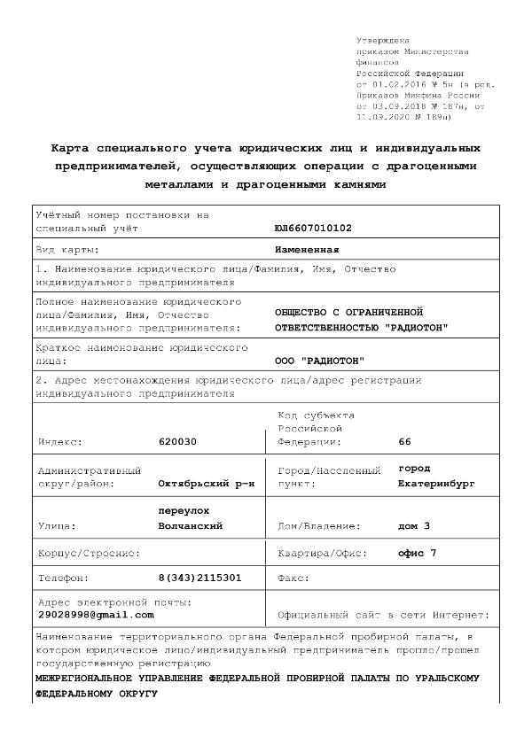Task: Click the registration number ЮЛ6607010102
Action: pos(314,229)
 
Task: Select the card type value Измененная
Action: pos(308,250)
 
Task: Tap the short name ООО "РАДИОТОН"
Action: pos(320,361)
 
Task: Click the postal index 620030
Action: pos(177,441)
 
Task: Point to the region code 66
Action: pos(405,441)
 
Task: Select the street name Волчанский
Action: pos(190,526)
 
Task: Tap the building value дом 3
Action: pos(414,526)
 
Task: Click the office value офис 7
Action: pos(418,554)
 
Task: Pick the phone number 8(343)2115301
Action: pos(199,578)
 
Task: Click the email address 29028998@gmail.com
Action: pos(95,615)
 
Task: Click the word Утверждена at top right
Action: pos(382,41)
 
